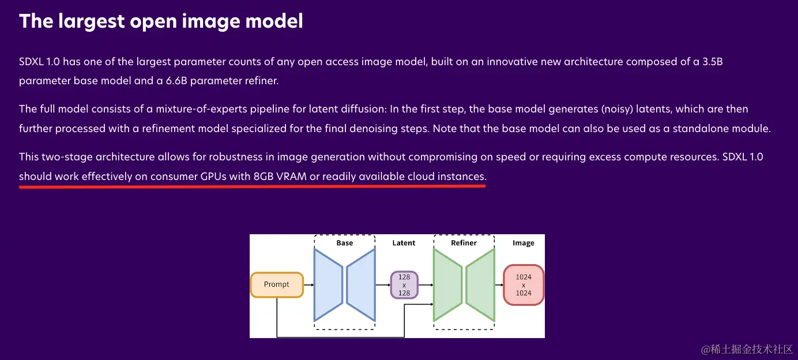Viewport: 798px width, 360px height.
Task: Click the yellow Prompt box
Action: pyautogui.click(x=277, y=284)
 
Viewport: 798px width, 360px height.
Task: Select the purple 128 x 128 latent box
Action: pyautogui.click(x=404, y=285)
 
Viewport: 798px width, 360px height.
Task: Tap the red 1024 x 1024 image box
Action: pyautogui.click(x=524, y=285)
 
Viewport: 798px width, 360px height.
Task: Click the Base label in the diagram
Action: pyautogui.click(x=344, y=243)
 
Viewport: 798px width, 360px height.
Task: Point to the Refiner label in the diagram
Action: pyautogui.click(x=464, y=243)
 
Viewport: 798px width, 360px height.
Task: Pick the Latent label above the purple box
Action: pyautogui.click(x=404, y=243)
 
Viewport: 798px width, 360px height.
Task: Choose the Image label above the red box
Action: pyautogui.click(x=524, y=243)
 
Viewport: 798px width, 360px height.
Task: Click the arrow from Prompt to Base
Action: pyautogui.click(x=308, y=285)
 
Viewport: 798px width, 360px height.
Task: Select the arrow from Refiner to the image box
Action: pyautogui.click(x=499, y=285)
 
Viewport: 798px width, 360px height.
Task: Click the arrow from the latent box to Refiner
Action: pyautogui.click(x=426, y=285)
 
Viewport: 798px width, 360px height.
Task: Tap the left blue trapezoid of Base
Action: pyautogui.click(x=328, y=285)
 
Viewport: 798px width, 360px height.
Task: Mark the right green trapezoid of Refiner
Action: pyautogui.click(x=480, y=285)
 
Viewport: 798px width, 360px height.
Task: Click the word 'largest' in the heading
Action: pyautogui.click(x=92, y=21)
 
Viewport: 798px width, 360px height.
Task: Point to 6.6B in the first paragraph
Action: pyautogui.click(x=176, y=81)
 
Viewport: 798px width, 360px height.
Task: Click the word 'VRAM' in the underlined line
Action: pyautogui.click(x=291, y=176)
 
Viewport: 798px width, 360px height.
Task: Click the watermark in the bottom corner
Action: pyautogui.click(x=747, y=349)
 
